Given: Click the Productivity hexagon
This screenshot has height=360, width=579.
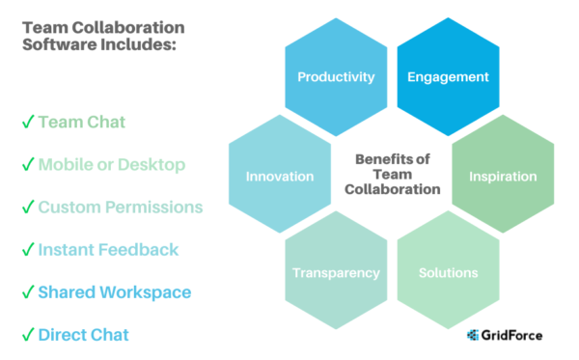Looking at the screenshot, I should pyautogui.click(x=336, y=77).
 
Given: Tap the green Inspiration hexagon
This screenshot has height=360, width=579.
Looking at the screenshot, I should pyautogui.click(x=503, y=177).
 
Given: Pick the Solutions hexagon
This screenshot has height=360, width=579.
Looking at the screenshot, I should pyautogui.click(x=448, y=273).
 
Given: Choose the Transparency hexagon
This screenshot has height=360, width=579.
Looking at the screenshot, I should pyautogui.click(x=336, y=273).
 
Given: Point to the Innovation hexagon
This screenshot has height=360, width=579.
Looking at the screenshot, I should pyautogui.click(x=280, y=177).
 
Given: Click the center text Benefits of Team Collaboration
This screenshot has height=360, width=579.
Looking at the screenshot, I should pyautogui.click(x=393, y=175).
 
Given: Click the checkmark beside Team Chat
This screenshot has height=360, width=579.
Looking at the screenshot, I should pyautogui.click(x=27, y=123).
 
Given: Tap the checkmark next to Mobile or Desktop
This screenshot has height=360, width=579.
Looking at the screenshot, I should pyautogui.click(x=27, y=165).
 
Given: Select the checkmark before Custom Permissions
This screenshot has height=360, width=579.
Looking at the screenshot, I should pyautogui.click(x=27, y=208).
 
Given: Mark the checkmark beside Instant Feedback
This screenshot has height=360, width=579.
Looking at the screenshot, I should pyautogui.click(x=27, y=250).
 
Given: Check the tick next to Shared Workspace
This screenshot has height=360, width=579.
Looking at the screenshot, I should pyautogui.click(x=27, y=292).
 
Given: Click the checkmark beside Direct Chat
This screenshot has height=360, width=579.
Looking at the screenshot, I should pyautogui.click(x=27, y=335).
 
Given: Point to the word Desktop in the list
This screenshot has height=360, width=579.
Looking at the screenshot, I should pyautogui.click(x=150, y=165).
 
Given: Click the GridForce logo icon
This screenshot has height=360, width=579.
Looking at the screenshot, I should pyautogui.click(x=472, y=336).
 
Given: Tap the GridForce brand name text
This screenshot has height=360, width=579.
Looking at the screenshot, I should pyautogui.click(x=512, y=336).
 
